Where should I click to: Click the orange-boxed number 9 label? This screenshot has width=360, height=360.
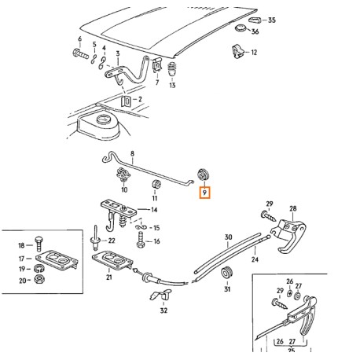click(204, 192)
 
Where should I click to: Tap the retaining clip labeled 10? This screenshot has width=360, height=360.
click(123, 175)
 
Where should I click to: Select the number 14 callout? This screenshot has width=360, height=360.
click(154, 210)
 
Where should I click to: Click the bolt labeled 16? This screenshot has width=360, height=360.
click(141, 233)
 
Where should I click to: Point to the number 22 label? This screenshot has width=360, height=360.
click(112, 241)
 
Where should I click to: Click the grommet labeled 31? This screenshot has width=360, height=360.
click(229, 273)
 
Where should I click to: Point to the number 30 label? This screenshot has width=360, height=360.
click(228, 237)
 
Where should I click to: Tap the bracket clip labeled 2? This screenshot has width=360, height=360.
click(127, 101)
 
